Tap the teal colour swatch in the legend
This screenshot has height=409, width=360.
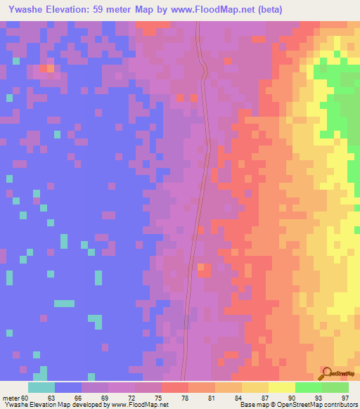(x=41, y=387)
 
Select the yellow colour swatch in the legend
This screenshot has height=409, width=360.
(x=282, y=387)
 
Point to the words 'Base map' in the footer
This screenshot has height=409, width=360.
(x=251, y=404)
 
